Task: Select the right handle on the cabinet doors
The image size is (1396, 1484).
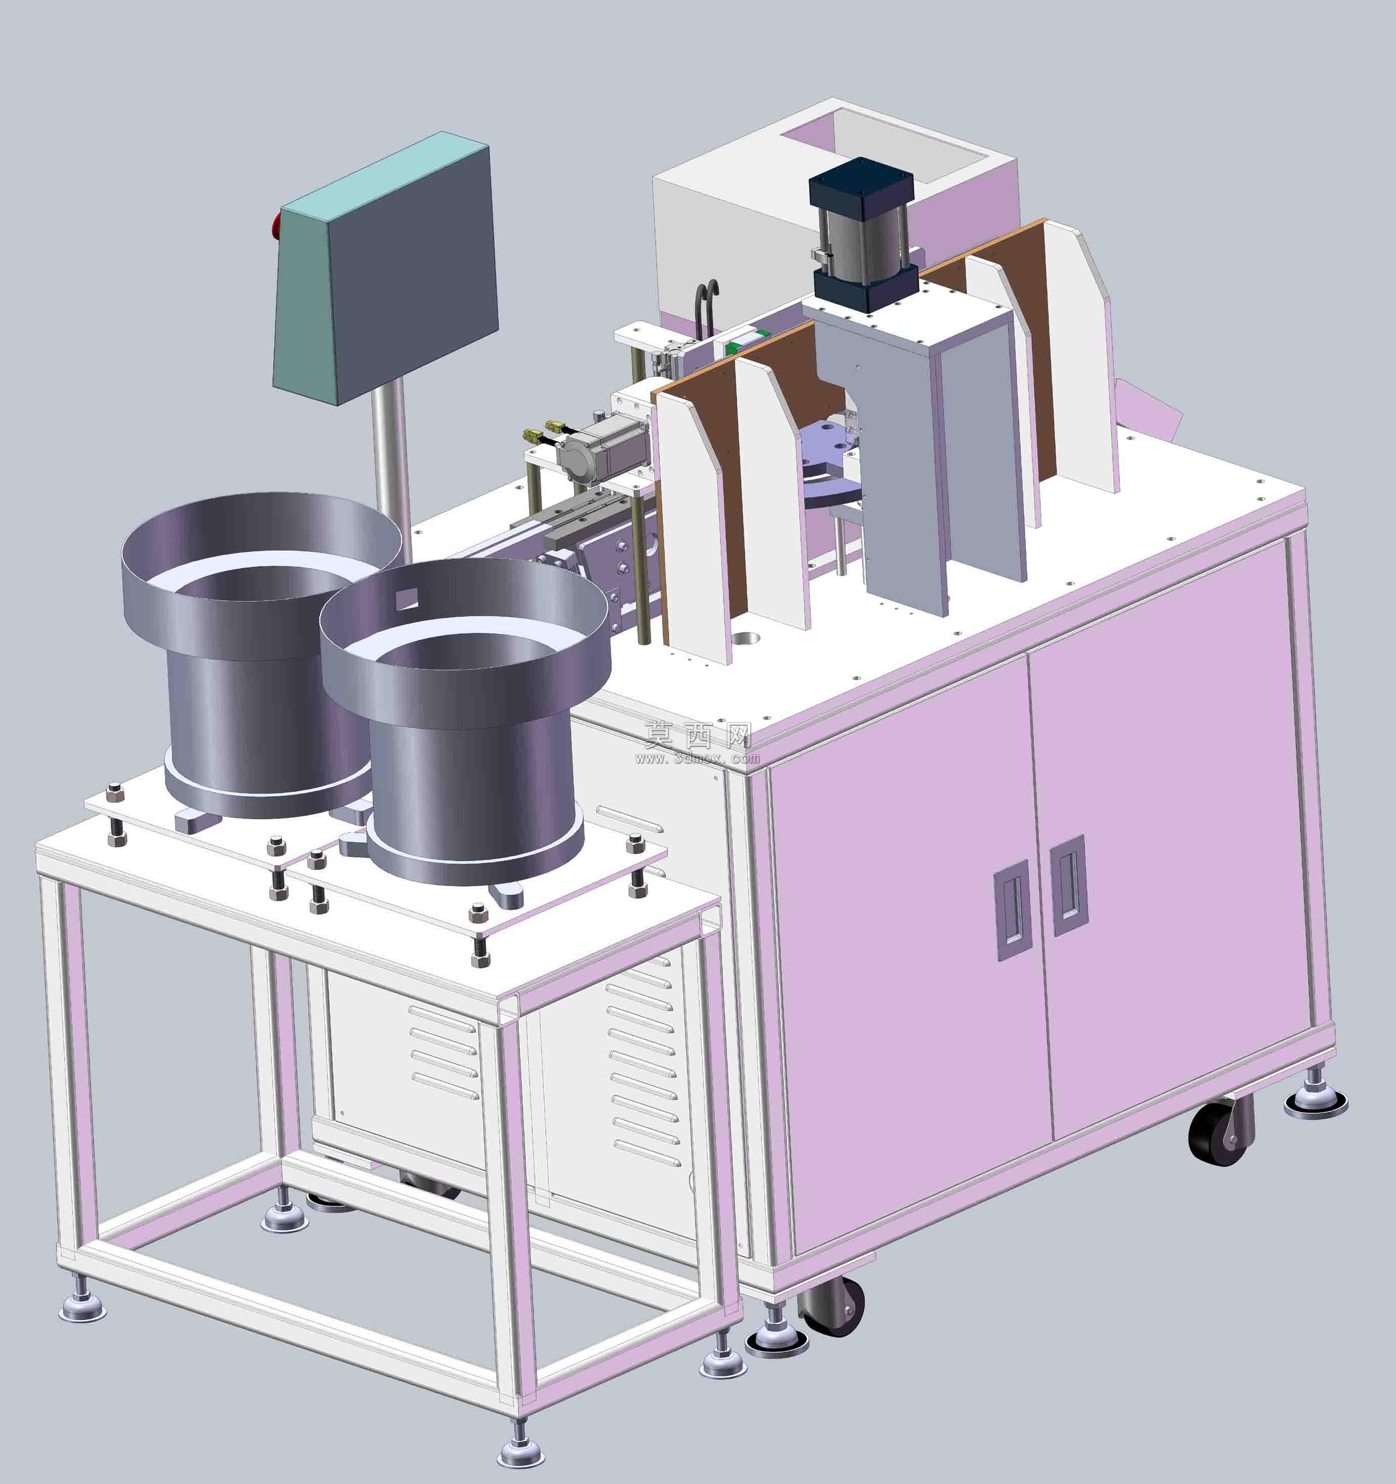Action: click(1069, 886)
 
